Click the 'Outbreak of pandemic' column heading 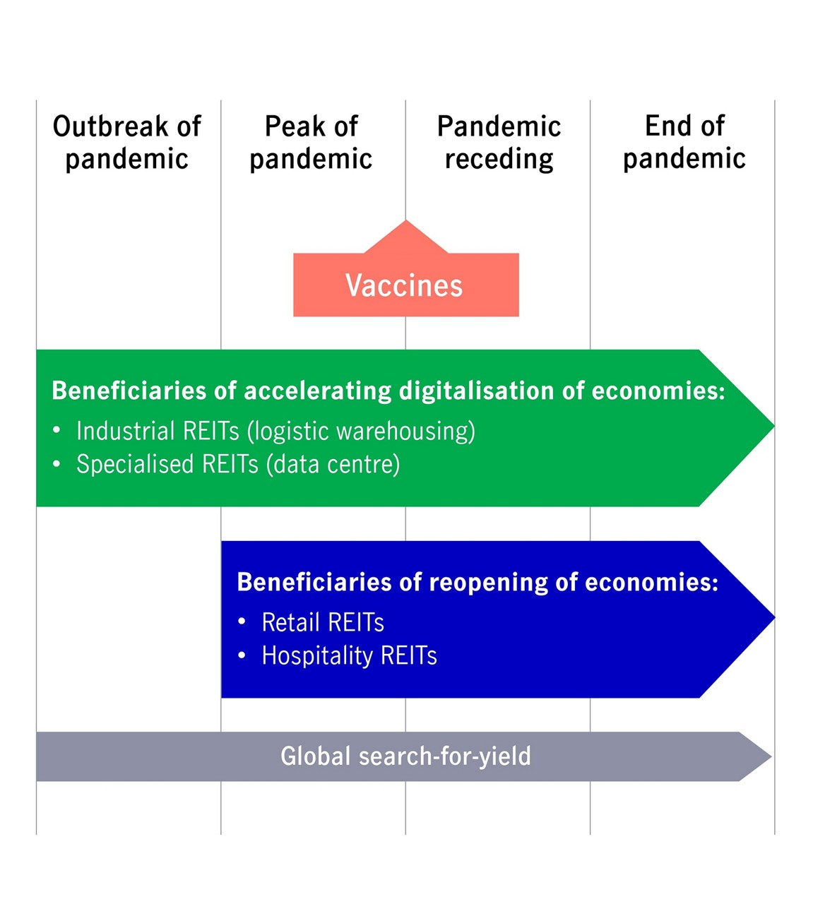(x=127, y=143)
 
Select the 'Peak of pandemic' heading (x=311, y=143)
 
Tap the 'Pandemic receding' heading (x=499, y=143)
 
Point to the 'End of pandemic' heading (x=684, y=142)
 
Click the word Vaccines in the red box (x=404, y=285)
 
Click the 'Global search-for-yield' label (x=405, y=756)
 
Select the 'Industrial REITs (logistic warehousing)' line (x=275, y=431)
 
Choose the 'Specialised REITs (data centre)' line (x=238, y=464)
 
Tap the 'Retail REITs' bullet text (x=323, y=622)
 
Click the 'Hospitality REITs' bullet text (x=349, y=655)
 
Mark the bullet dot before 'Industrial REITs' (x=57, y=430)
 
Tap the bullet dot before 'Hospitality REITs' (x=242, y=655)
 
